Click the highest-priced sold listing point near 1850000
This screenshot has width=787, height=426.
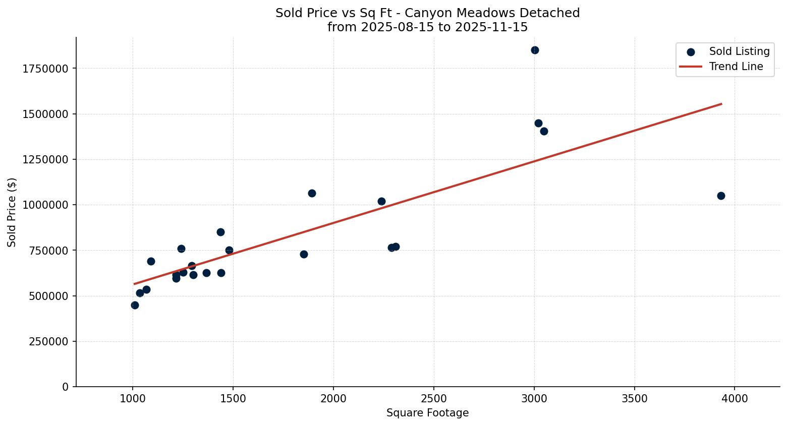pos(535,50)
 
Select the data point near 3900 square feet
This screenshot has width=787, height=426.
pos(721,196)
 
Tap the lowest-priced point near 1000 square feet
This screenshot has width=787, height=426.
pos(135,305)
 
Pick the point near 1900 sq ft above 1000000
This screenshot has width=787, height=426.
pos(312,193)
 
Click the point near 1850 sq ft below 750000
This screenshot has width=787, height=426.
pos(304,254)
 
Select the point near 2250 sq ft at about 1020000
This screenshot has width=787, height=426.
pos(381,201)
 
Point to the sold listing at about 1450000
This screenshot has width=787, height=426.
pos(538,123)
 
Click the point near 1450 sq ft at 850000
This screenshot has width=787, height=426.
pos(220,232)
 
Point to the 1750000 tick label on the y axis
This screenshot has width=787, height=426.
pos(45,69)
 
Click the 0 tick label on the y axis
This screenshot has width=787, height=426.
pos(65,387)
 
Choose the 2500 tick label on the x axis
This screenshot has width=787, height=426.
pos(433,399)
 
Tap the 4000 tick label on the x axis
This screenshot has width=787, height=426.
pos(735,399)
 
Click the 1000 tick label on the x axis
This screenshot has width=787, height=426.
pos(133,399)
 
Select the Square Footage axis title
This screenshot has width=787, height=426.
pos(427,413)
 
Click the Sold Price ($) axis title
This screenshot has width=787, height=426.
pos(12,212)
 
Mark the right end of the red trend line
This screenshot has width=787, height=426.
pos(721,104)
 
